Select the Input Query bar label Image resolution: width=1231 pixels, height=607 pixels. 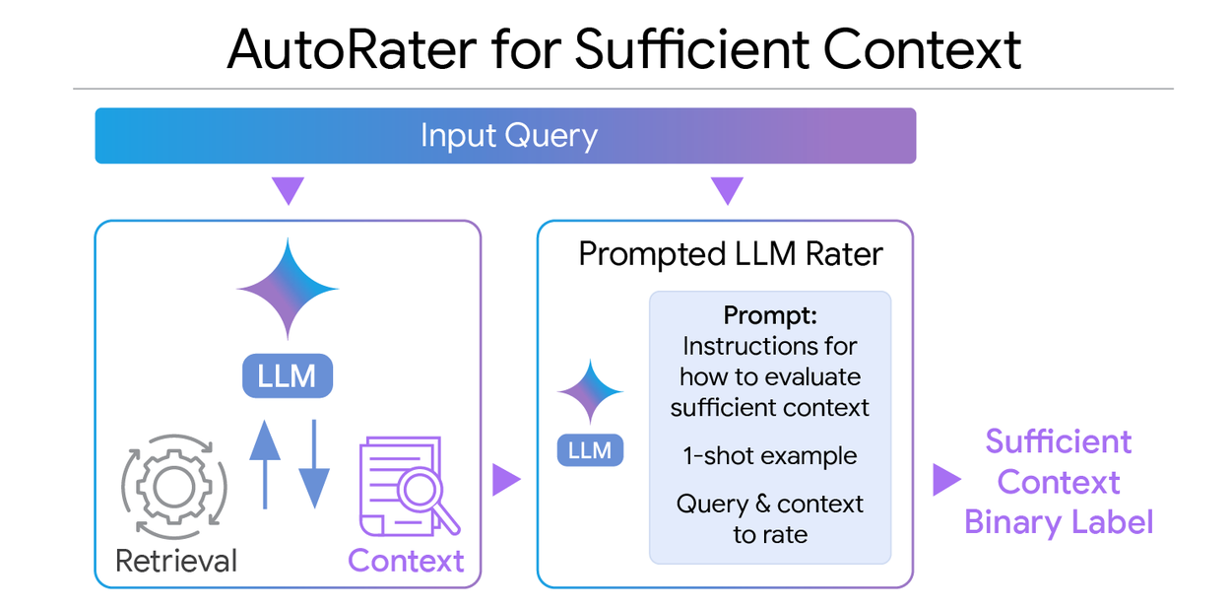[x=508, y=135]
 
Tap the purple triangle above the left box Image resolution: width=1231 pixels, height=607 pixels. [x=288, y=190]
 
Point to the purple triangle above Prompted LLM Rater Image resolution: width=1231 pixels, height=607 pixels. [x=726, y=190]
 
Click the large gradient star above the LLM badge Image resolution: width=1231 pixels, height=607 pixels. [x=288, y=289]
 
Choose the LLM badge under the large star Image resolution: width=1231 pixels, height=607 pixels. [x=288, y=375]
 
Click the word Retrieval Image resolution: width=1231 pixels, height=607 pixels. [x=176, y=561]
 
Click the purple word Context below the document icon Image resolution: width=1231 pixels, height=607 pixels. [x=406, y=561]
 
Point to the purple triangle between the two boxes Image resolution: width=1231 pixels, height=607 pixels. [x=506, y=480]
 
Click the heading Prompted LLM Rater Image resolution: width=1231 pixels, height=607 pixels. [x=730, y=254]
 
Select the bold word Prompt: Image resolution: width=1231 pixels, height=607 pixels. [x=770, y=315]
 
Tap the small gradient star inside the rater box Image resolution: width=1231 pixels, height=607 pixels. [x=590, y=392]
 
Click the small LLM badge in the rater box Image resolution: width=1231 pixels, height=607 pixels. [x=590, y=450]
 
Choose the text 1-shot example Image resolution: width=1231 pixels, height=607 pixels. [x=770, y=456]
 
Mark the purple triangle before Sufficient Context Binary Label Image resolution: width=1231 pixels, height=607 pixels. [x=946, y=480]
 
